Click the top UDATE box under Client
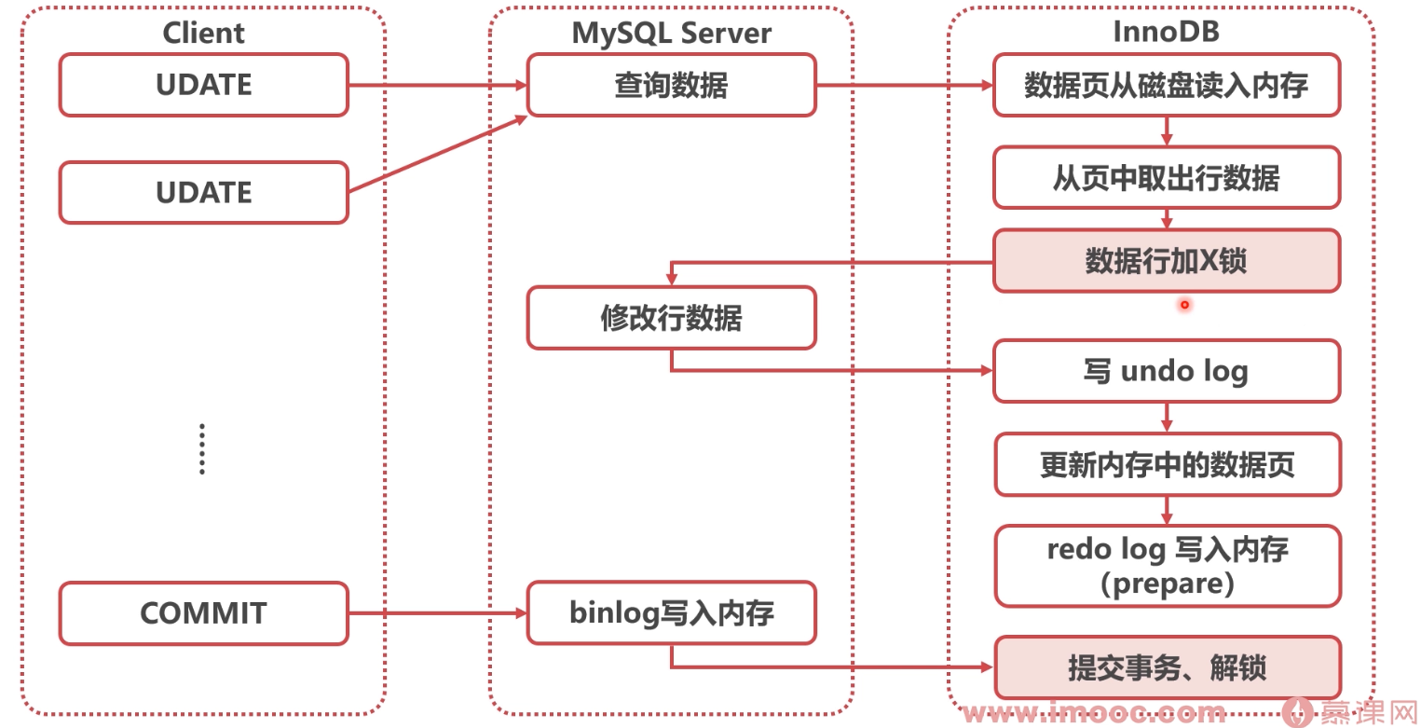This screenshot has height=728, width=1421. [203, 85]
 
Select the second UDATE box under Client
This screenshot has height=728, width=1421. [203, 193]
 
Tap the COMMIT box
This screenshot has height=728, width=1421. [203, 613]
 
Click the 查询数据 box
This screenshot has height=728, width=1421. [671, 85]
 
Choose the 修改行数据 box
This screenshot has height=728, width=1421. [671, 318]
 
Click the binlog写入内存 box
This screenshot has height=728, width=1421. [671, 613]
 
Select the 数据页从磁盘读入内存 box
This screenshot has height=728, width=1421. [1167, 85]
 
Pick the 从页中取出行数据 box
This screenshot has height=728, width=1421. [1167, 176]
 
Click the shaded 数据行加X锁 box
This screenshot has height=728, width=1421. [1167, 261]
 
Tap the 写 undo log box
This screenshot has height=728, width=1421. [1167, 371]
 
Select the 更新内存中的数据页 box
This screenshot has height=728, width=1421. [1167, 463]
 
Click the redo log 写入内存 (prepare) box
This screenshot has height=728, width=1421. [1167, 566]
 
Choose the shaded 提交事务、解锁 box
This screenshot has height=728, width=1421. [1167, 667]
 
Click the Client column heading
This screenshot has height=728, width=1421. [203, 33]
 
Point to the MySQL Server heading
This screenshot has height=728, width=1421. [671, 33]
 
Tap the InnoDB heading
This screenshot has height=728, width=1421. [1167, 31]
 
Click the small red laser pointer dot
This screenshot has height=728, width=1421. [1184, 304]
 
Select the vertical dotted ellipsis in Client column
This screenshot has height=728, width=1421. [202, 449]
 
